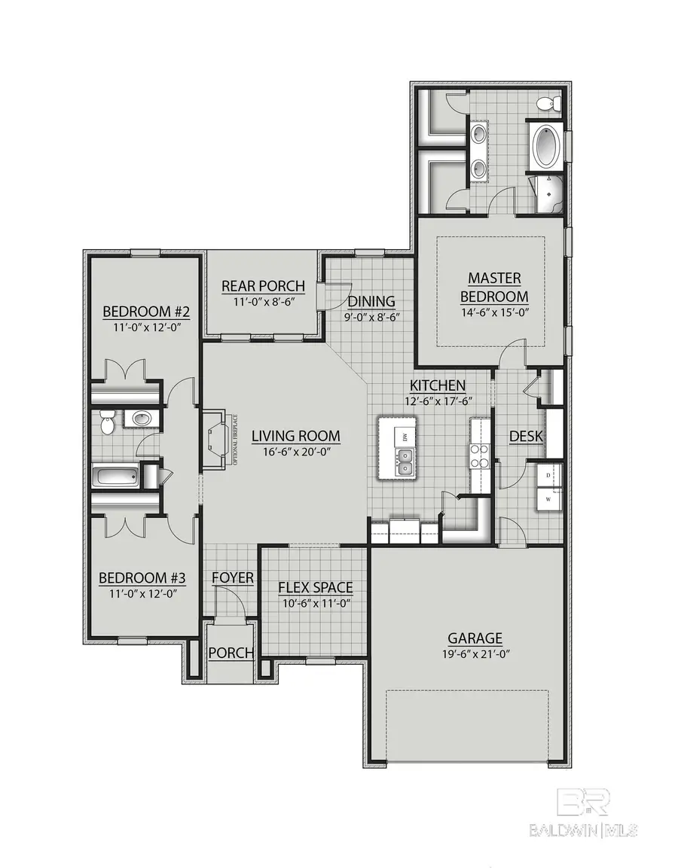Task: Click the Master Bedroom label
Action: click(x=493, y=287)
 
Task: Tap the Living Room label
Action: click(x=295, y=436)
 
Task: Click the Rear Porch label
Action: click(x=263, y=286)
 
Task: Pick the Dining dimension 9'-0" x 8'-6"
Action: click(x=371, y=317)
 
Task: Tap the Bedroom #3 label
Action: click(x=142, y=577)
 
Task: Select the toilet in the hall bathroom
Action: click(x=108, y=422)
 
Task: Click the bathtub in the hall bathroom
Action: click(x=115, y=477)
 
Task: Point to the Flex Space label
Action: click(x=315, y=587)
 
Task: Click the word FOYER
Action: click(x=232, y=577)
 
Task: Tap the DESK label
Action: click(x=527, y=436)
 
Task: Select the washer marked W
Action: click(x=548, y=498)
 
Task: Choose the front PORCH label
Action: click(x=231, y=652)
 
